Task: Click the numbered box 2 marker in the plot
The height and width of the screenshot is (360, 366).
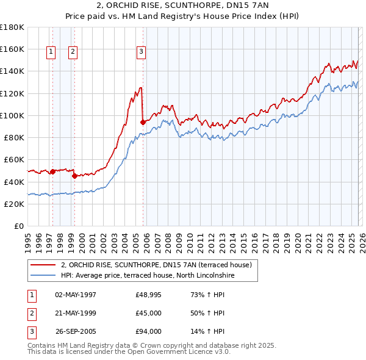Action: tap(73, 52)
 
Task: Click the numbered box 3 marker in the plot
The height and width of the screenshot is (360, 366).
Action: tap(141, 52)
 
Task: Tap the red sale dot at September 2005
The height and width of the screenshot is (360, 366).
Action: tap(143, 122)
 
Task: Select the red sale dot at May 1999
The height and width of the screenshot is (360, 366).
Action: tap(74, 176)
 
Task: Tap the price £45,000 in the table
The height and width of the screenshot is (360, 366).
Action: tap(149, 313)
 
